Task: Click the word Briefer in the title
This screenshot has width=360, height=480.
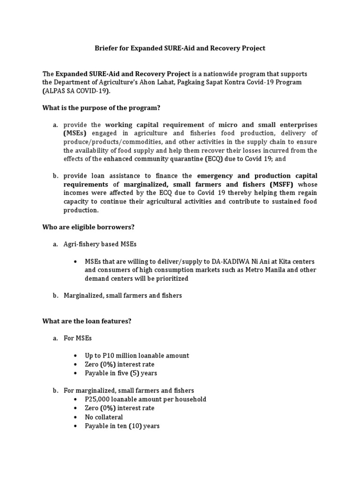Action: point(107,48)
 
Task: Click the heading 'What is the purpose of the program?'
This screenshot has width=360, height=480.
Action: point(101,108)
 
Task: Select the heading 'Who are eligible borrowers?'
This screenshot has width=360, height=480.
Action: point(89,227)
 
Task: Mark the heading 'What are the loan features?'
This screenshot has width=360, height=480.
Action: point(87,322)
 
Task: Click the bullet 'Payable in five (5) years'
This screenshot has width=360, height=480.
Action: point(121,373)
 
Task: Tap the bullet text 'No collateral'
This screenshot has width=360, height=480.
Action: point(104,417)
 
